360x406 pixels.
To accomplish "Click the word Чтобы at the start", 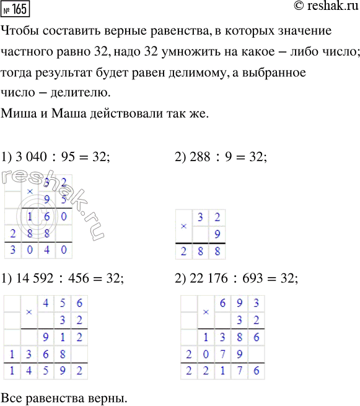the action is coord(22,31).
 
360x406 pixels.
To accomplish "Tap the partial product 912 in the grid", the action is coord(62,338).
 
